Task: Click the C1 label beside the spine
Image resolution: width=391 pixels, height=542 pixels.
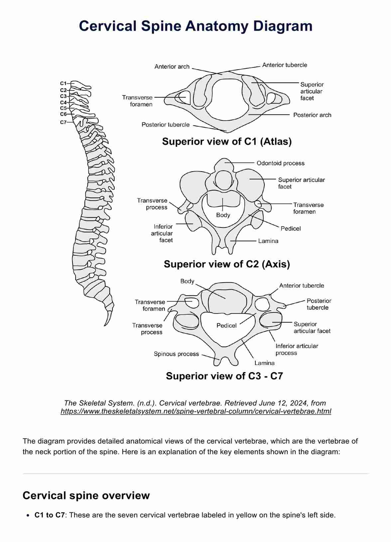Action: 63,83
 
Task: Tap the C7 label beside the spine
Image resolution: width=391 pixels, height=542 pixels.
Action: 63,122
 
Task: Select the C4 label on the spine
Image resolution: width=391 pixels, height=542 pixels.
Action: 63,102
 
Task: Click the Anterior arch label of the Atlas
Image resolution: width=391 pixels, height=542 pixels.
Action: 172,67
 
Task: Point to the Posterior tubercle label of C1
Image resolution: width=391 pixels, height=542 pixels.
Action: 166,125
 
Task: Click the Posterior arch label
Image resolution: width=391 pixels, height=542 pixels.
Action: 312,115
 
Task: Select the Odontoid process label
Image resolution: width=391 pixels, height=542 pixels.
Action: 280,163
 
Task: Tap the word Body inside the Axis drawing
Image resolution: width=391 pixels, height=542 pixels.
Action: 223,215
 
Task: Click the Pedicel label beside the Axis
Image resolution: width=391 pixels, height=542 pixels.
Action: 291,228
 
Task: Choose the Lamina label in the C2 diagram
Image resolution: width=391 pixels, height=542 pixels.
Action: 268,241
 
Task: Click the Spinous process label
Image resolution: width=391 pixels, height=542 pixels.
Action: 176,354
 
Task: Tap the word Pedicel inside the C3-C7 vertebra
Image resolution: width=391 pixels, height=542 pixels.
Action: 226,326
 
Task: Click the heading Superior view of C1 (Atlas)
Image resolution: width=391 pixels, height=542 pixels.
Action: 227,142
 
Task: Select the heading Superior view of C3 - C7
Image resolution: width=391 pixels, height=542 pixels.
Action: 224,376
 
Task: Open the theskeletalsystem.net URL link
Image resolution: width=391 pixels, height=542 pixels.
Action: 196,411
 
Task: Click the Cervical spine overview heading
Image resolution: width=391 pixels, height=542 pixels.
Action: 86,495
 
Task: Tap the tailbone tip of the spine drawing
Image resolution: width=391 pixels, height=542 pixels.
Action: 106,325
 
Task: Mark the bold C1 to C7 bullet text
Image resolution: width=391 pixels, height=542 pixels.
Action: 50,515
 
